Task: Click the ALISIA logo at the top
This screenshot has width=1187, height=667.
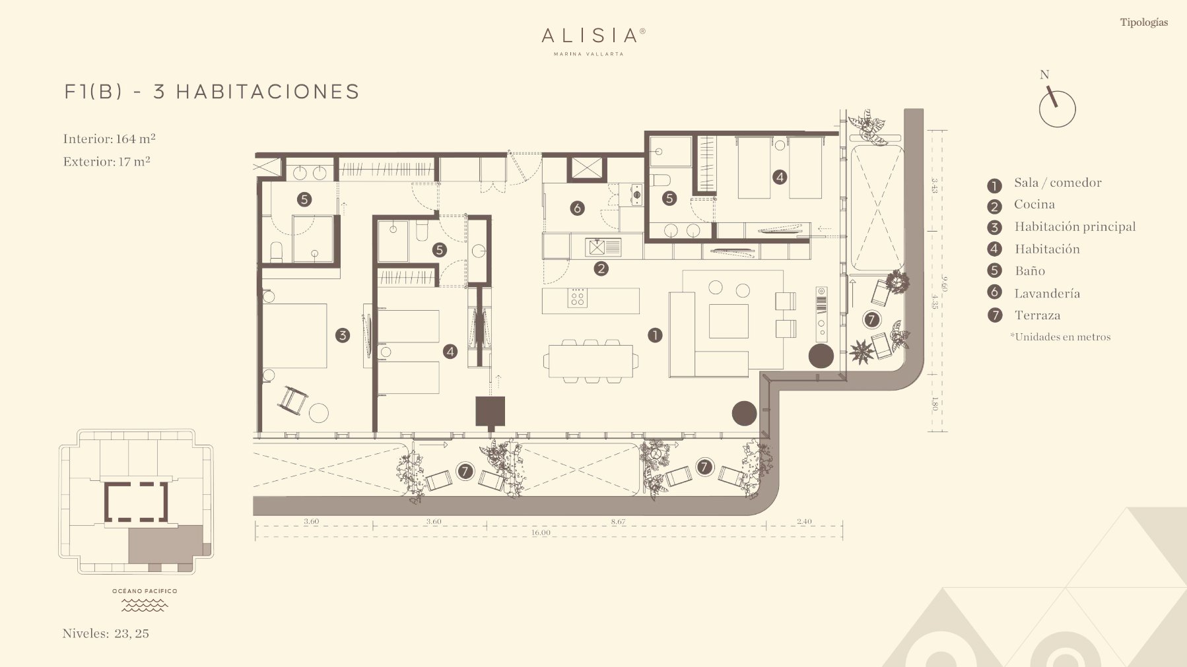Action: point(593,40)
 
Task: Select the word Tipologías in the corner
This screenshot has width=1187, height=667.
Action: point(1143,22)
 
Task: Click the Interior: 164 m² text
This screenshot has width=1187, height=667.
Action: point(109,139)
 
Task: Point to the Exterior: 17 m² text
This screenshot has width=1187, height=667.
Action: point(106,162)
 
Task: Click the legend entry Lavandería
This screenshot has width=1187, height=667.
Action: point(1047,294)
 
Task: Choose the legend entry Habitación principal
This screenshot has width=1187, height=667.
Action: point(1075,227)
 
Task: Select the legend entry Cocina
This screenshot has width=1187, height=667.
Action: point(1034,205)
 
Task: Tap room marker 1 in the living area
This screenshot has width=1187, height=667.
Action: point(654,335)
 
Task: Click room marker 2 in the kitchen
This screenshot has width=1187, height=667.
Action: point(601,269)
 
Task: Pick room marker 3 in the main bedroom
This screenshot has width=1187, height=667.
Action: point(342,335)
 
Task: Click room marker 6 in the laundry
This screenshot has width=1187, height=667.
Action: point(577,208)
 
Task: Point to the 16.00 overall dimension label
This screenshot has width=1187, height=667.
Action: point(541,532)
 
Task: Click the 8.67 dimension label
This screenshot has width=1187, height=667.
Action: point(618,521)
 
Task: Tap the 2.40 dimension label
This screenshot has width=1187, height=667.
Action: point(804,521)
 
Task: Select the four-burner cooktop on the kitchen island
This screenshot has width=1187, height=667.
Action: point(578,298)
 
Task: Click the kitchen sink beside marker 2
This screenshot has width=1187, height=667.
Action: point(603,247)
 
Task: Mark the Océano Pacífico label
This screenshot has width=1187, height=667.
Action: point(145,591)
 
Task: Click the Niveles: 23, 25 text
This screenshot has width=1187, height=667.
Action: point(106,633)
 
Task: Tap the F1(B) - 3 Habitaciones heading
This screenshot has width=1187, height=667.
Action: point(212,92)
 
